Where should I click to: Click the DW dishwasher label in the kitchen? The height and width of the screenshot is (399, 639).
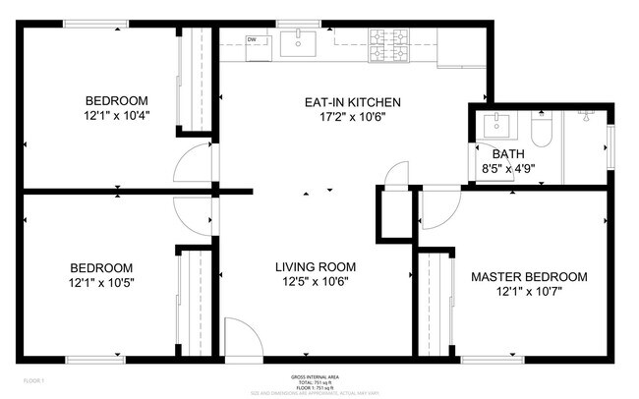(x=252, y=39)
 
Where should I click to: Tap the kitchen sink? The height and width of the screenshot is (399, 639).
(x=296, y=43)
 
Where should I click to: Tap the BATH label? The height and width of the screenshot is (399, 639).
(x=508, y=153)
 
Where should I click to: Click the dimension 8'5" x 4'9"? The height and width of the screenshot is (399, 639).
(x=508, y=169)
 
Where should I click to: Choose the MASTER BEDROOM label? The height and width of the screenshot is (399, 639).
(x=529, y=277)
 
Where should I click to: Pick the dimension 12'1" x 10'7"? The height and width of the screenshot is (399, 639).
(x=529, y=293)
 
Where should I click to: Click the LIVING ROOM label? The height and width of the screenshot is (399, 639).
(x=315, y=266)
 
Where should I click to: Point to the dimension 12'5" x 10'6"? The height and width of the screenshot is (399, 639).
(x=315, y=282)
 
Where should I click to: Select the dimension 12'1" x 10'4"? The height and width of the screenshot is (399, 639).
(x=116, y=116)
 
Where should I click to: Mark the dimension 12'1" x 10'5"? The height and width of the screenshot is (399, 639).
(x=101, y=283)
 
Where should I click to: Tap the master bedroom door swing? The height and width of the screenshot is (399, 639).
(x=438, y=209)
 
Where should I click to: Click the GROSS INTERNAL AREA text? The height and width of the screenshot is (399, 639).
(x=315, y=376)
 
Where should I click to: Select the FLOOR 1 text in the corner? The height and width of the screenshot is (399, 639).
(x=34, y=379)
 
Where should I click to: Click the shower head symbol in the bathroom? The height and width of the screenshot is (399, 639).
(x=583, y=115)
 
